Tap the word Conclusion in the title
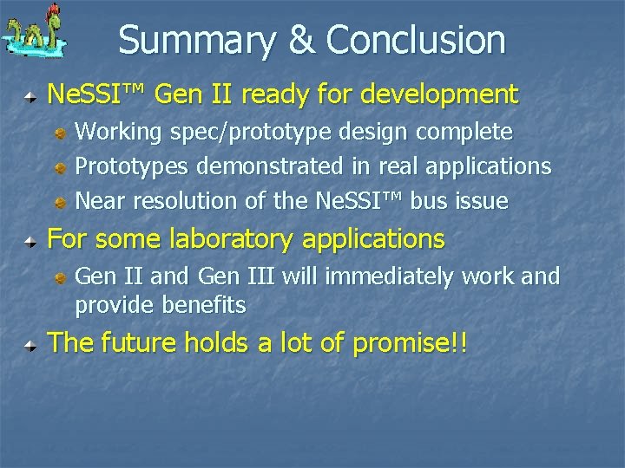coord(415,40)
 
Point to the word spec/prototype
coord(246,133)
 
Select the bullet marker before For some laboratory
coord(31,239)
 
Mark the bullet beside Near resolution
coord(61,202)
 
